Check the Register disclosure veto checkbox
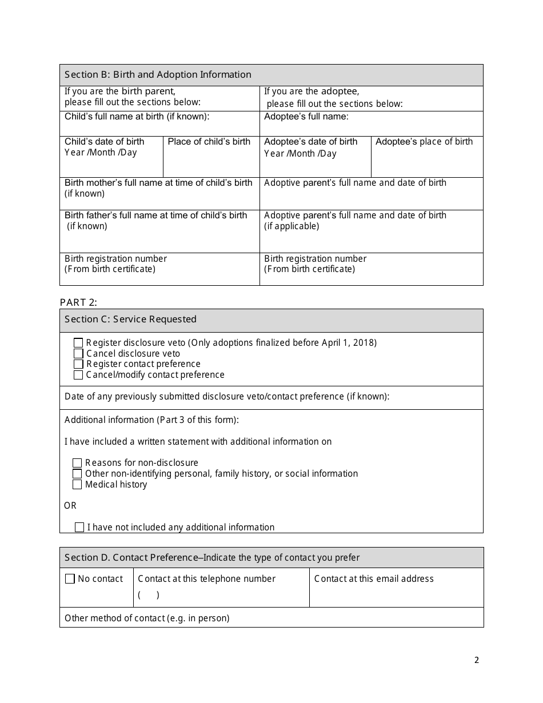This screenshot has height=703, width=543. point(78,343)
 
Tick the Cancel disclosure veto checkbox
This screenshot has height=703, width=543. point(78,354)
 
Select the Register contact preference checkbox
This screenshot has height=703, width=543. point(78,364)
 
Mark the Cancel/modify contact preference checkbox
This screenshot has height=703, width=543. point(78,375)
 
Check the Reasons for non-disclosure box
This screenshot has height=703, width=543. point(77,463)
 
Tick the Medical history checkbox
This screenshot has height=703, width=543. point(77,485)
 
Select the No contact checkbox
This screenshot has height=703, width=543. point(70,579)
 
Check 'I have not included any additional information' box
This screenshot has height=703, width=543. point(79,528)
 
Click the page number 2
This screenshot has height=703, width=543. point(477,661)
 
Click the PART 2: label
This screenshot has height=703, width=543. point(78,302)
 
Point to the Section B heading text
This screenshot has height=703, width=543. point(158,75)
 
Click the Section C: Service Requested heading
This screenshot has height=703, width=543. point(130,319)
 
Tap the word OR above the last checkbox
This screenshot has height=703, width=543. point(70,506)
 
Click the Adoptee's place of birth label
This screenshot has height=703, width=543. point(424,142)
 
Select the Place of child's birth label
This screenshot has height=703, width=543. point(209,142)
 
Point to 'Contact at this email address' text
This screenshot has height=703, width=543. point(374,579)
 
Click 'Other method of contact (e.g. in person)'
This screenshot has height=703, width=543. point(147,618)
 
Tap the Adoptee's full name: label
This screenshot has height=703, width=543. point(306,117)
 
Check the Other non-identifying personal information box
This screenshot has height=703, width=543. point(77,474)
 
